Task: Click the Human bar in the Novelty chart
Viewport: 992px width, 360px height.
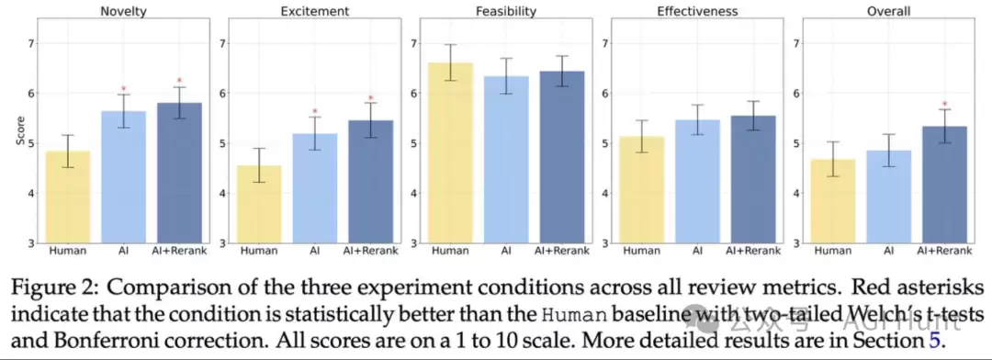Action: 68,197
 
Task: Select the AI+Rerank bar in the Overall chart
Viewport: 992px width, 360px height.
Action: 944,185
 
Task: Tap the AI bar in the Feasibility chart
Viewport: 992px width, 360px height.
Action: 505,160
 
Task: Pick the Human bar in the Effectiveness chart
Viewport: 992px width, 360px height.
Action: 642,190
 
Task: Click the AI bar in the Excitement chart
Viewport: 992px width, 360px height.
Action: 314,188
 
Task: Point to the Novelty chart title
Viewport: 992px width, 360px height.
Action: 124,11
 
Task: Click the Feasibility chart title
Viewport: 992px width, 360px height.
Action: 506,11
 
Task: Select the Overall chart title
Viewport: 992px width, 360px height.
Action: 889,11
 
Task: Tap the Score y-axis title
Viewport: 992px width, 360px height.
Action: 21,131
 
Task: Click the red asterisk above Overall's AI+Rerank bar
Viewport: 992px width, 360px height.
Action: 944,105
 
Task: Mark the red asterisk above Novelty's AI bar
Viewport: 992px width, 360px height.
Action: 124,89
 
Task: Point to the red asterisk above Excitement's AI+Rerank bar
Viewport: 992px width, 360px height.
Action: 371,98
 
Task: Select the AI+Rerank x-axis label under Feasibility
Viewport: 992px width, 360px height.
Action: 562,252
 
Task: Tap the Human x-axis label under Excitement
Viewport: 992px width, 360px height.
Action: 259,252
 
